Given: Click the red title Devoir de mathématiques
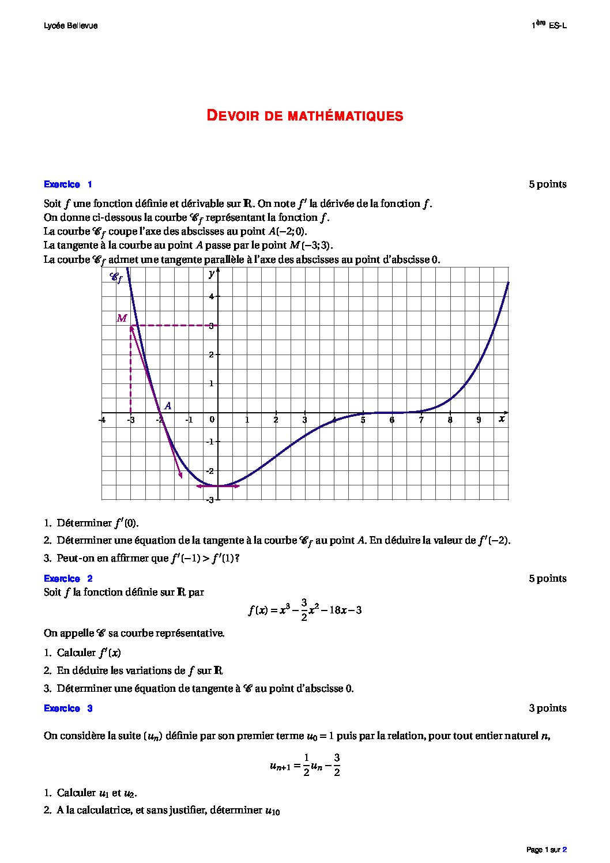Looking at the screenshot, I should click(304, 116).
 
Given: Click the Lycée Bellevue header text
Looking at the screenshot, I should click(70, 26).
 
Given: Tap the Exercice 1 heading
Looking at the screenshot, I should click(67, 184).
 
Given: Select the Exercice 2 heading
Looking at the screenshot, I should click(67, 578).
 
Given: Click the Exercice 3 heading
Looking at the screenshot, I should click(67, 708).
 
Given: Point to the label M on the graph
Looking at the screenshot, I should click(122, 318).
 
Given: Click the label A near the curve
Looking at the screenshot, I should click(168, 406).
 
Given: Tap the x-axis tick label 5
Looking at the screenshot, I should click(363, 420).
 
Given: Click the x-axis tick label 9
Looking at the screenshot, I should click(479, 420).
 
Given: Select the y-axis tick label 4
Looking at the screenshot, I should click(212, 296).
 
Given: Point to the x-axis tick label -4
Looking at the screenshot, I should click(102, 420).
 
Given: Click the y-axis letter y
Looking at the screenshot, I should click(212, 274).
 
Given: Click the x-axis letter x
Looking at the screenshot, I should click(502, 419).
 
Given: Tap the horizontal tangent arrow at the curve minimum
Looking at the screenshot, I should click(218, 486).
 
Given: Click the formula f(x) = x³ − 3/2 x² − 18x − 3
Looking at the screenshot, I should click(304, 610).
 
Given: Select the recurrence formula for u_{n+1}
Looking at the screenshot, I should click(304, 765).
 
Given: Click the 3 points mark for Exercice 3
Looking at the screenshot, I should click(547, 708).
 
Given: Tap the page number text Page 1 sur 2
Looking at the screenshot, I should click(546, 850).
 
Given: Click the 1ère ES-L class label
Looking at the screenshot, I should click(549, 25).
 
